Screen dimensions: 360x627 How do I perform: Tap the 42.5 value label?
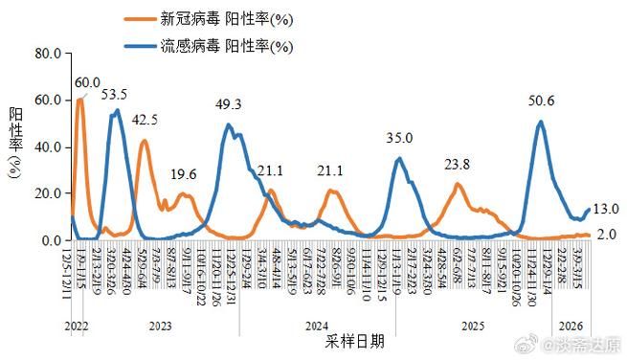coord(145,120)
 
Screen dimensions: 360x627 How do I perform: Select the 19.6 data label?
coord(184,174)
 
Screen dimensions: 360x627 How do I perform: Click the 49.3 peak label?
coord(227,103)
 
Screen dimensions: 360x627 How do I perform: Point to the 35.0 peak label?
coord(399,138)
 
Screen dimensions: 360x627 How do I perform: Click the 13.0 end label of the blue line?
coord(606,209)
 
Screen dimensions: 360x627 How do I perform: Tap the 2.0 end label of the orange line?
coord(606,235)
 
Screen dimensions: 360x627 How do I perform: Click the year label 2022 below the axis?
coord(78,326)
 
